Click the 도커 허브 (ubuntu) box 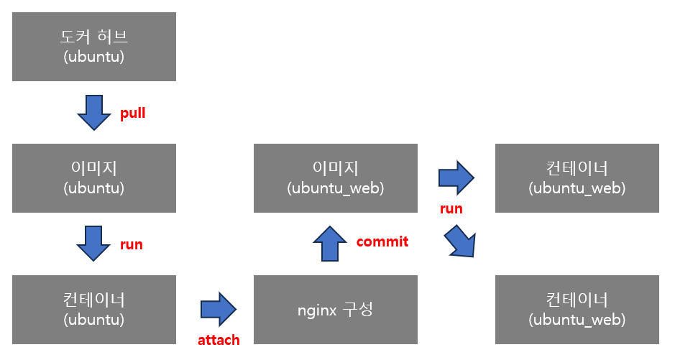94,46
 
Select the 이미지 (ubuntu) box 94,177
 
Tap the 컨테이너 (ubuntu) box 94,309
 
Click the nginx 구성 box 335,310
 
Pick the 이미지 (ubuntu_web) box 335,177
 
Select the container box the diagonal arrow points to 577,309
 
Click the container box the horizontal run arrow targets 577,177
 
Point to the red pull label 133,114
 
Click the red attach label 219,340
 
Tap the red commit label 382,241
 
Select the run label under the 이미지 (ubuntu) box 132,245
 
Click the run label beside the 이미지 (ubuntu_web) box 451,209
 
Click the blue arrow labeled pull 94,113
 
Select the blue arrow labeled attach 219,309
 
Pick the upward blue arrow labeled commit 330,244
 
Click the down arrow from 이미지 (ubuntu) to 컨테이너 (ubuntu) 94,244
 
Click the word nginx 316,310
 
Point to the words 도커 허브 93,37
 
